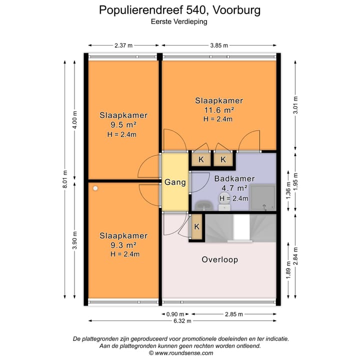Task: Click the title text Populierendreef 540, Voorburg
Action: click(179, 9)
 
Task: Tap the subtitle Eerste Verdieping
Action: click(179, 21)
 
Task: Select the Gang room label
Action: click(175, 182)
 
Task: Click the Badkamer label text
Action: click(234, 178)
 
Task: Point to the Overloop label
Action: click(219, 259)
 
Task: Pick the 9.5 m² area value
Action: click(123, 125)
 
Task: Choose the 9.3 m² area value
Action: click(123, 245)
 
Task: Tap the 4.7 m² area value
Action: click(234, 188)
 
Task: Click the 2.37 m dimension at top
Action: click(123, 45)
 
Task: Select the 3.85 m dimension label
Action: click(218, 45)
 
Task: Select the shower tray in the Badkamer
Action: click(262, 198)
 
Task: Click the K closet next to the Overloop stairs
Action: click(196, 226)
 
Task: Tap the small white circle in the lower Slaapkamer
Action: click(95, 188)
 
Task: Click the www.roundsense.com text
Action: click(180, 352)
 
